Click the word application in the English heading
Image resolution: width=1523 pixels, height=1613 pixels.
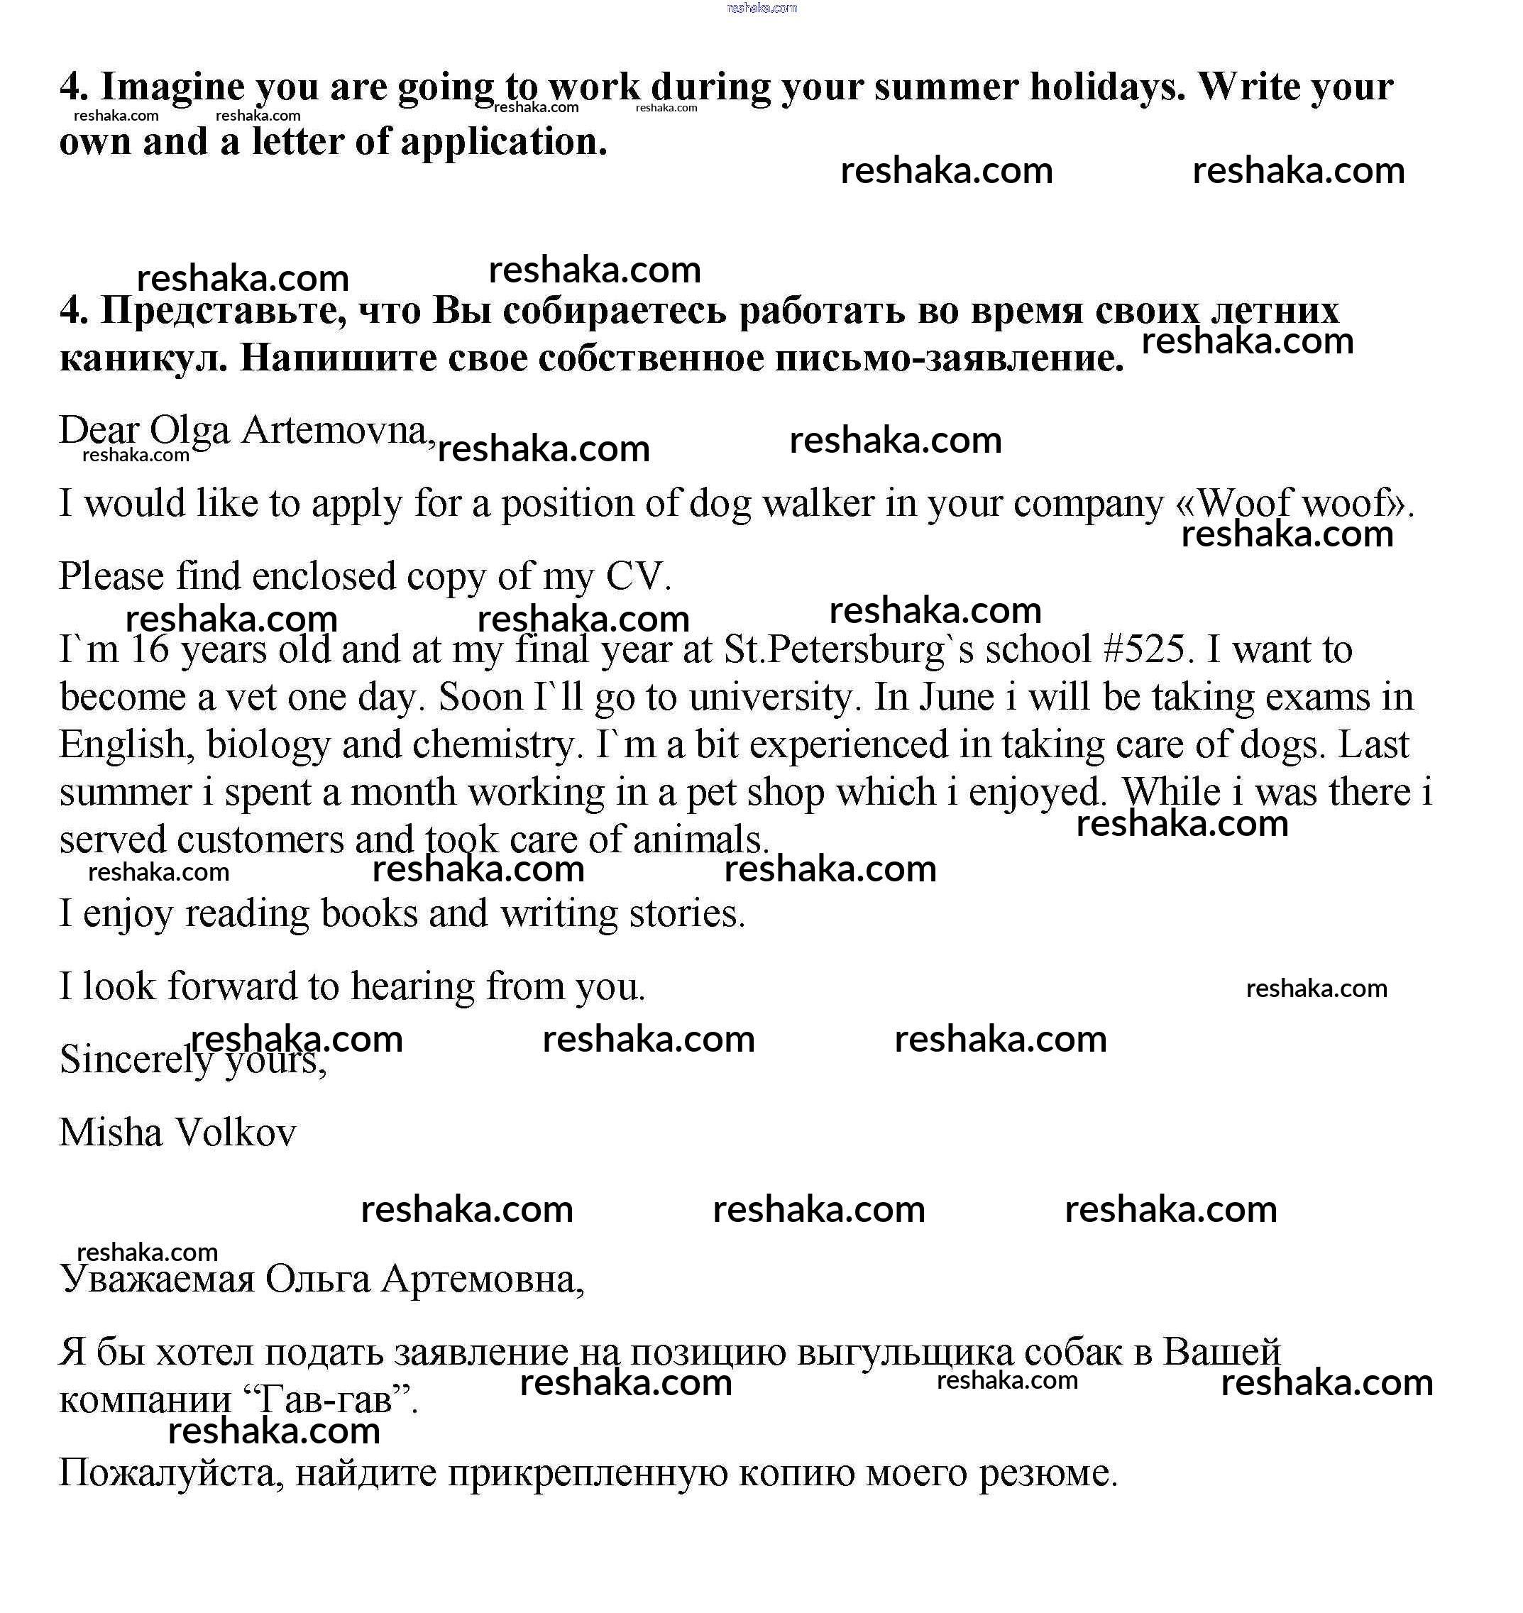[502, 142]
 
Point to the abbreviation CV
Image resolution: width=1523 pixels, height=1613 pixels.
[638, 576]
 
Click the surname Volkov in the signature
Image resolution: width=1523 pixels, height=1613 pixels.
[236, 1133]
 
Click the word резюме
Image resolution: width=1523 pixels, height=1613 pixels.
[1048, 1473]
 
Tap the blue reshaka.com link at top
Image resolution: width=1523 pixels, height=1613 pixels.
[761, 8]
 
